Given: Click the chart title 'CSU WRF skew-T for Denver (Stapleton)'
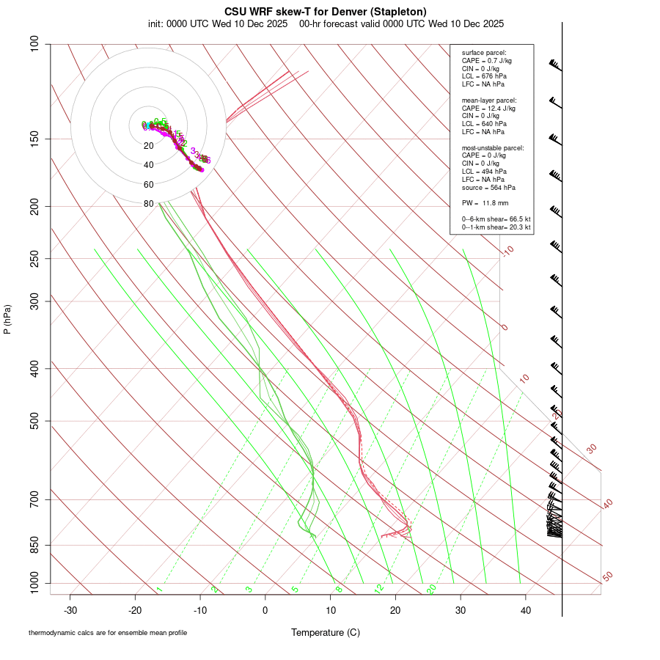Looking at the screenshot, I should tap(326, 12).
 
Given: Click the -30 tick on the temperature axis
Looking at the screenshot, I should tap(70, 610).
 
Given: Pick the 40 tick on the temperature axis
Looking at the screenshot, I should tap(525, 610).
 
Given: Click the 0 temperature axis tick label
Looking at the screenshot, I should tap(265, 610).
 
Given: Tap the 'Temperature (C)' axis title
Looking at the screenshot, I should tap(326, 632).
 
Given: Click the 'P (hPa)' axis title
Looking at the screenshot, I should tap(7, 319).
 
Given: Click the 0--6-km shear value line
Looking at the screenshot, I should tap(496, 219).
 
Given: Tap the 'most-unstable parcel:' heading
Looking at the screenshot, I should tap(493, 147).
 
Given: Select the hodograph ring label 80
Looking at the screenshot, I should tap(148, 204).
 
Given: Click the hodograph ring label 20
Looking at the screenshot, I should tap(148, 145).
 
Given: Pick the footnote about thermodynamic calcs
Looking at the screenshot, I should tap(108, 633).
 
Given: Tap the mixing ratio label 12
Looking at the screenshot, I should tap(379, 589).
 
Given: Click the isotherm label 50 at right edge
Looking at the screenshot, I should tap(607, 576).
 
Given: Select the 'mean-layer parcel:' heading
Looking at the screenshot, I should tap(489, 100).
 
